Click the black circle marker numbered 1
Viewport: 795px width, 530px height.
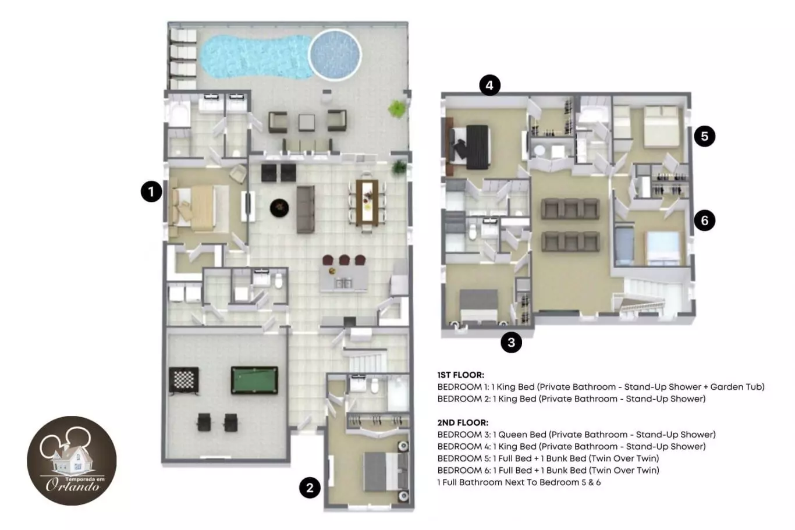coord(151,191)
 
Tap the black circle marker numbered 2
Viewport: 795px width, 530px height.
coord(310,488)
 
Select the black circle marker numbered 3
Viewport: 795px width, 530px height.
coord(511,342)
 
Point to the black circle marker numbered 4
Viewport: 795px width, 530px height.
coord(489,85)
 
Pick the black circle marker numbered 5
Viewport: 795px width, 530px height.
coord(704,136)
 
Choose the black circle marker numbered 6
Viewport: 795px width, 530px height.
coord(704,220)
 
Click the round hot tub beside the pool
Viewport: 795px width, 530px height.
coord(335,55)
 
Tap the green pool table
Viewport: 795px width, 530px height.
coord(254,380)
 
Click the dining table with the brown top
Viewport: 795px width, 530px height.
coord(367,202)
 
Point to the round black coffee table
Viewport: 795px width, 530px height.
coord(279,208)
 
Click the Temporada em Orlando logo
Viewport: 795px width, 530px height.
coord(72,460)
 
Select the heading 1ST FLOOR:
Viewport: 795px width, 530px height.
coord(461,375)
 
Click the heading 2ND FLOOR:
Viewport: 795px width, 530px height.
coord(463,422)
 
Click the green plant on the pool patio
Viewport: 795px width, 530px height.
coord(396,109)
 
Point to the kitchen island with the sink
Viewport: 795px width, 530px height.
coord(343,279)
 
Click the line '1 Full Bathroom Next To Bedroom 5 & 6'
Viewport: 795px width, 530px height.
coord(519,482)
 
